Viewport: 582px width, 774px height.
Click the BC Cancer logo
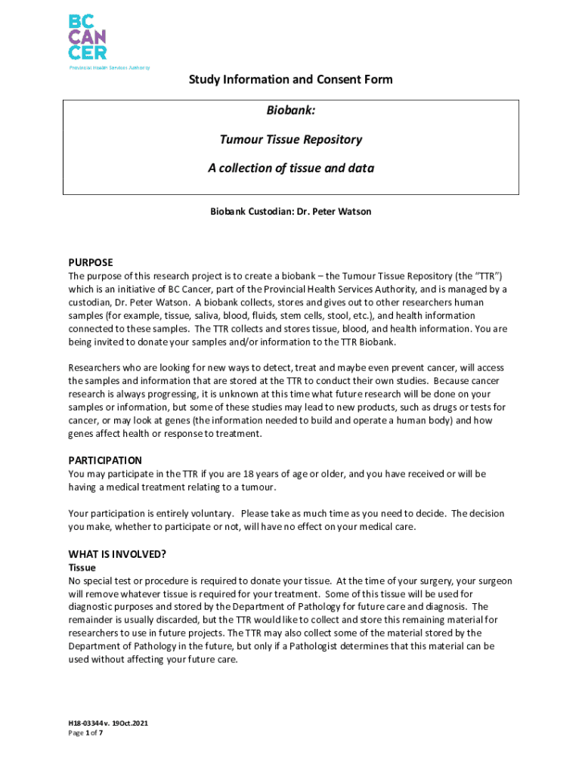(x=88, y=36)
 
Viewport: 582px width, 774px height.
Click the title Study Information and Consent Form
(x=291, y=79)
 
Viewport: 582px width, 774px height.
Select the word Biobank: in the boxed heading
(x=291, y=111)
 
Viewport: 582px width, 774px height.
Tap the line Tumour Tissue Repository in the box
(x=291, y=139)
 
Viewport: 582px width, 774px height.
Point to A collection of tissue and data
(x=291, y=168)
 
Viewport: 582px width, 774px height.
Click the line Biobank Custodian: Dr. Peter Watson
(x=291, y=212)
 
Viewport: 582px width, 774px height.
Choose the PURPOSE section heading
(x=91, y=262)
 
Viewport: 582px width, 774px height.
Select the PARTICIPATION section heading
(x=105, y=460)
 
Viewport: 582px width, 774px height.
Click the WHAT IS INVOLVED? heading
(x=117, y=554)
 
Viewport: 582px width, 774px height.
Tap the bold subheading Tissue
(x=82, y=567)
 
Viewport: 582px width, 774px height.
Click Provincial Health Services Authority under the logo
(x=110, y=67)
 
